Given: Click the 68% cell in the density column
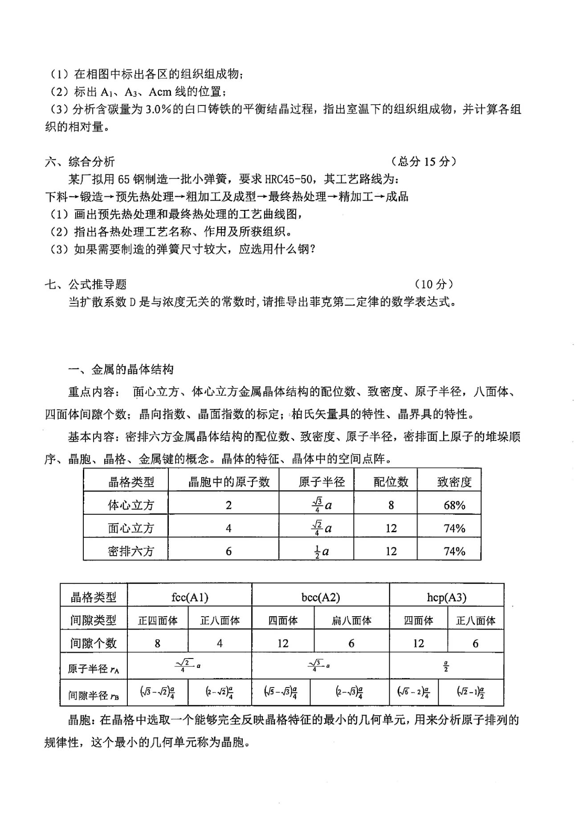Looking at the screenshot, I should (x=454, y=505).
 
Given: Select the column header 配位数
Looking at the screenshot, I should (x=391, y=481).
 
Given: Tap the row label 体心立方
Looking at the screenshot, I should (x=130, y=505).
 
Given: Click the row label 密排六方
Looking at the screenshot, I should (x=130, y=551).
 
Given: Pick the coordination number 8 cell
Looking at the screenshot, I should (x=391, y=505).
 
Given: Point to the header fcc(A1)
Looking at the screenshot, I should (x=190, y=597).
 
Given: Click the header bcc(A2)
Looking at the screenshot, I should (x=320, y=597).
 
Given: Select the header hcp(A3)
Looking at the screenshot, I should (x=446, y=597).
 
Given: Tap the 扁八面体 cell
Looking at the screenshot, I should (x=351, y=620).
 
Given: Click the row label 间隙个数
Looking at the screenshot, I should (x=94, y=643).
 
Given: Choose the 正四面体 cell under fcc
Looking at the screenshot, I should (x=158, y=620).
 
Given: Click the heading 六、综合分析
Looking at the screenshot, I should (x=80, y=162).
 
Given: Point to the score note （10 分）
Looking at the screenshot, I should (x=433, y=284).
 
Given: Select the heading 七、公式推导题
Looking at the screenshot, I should (x=86, y=284).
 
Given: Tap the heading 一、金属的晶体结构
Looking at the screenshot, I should (x=121, y=369).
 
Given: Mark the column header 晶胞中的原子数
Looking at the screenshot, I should (x=229, y=481).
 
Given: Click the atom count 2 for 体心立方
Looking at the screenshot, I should (x=228, y=505).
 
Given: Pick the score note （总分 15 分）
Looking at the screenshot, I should (x=423, y=162).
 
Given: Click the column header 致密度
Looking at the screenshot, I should (x=454, y=481).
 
